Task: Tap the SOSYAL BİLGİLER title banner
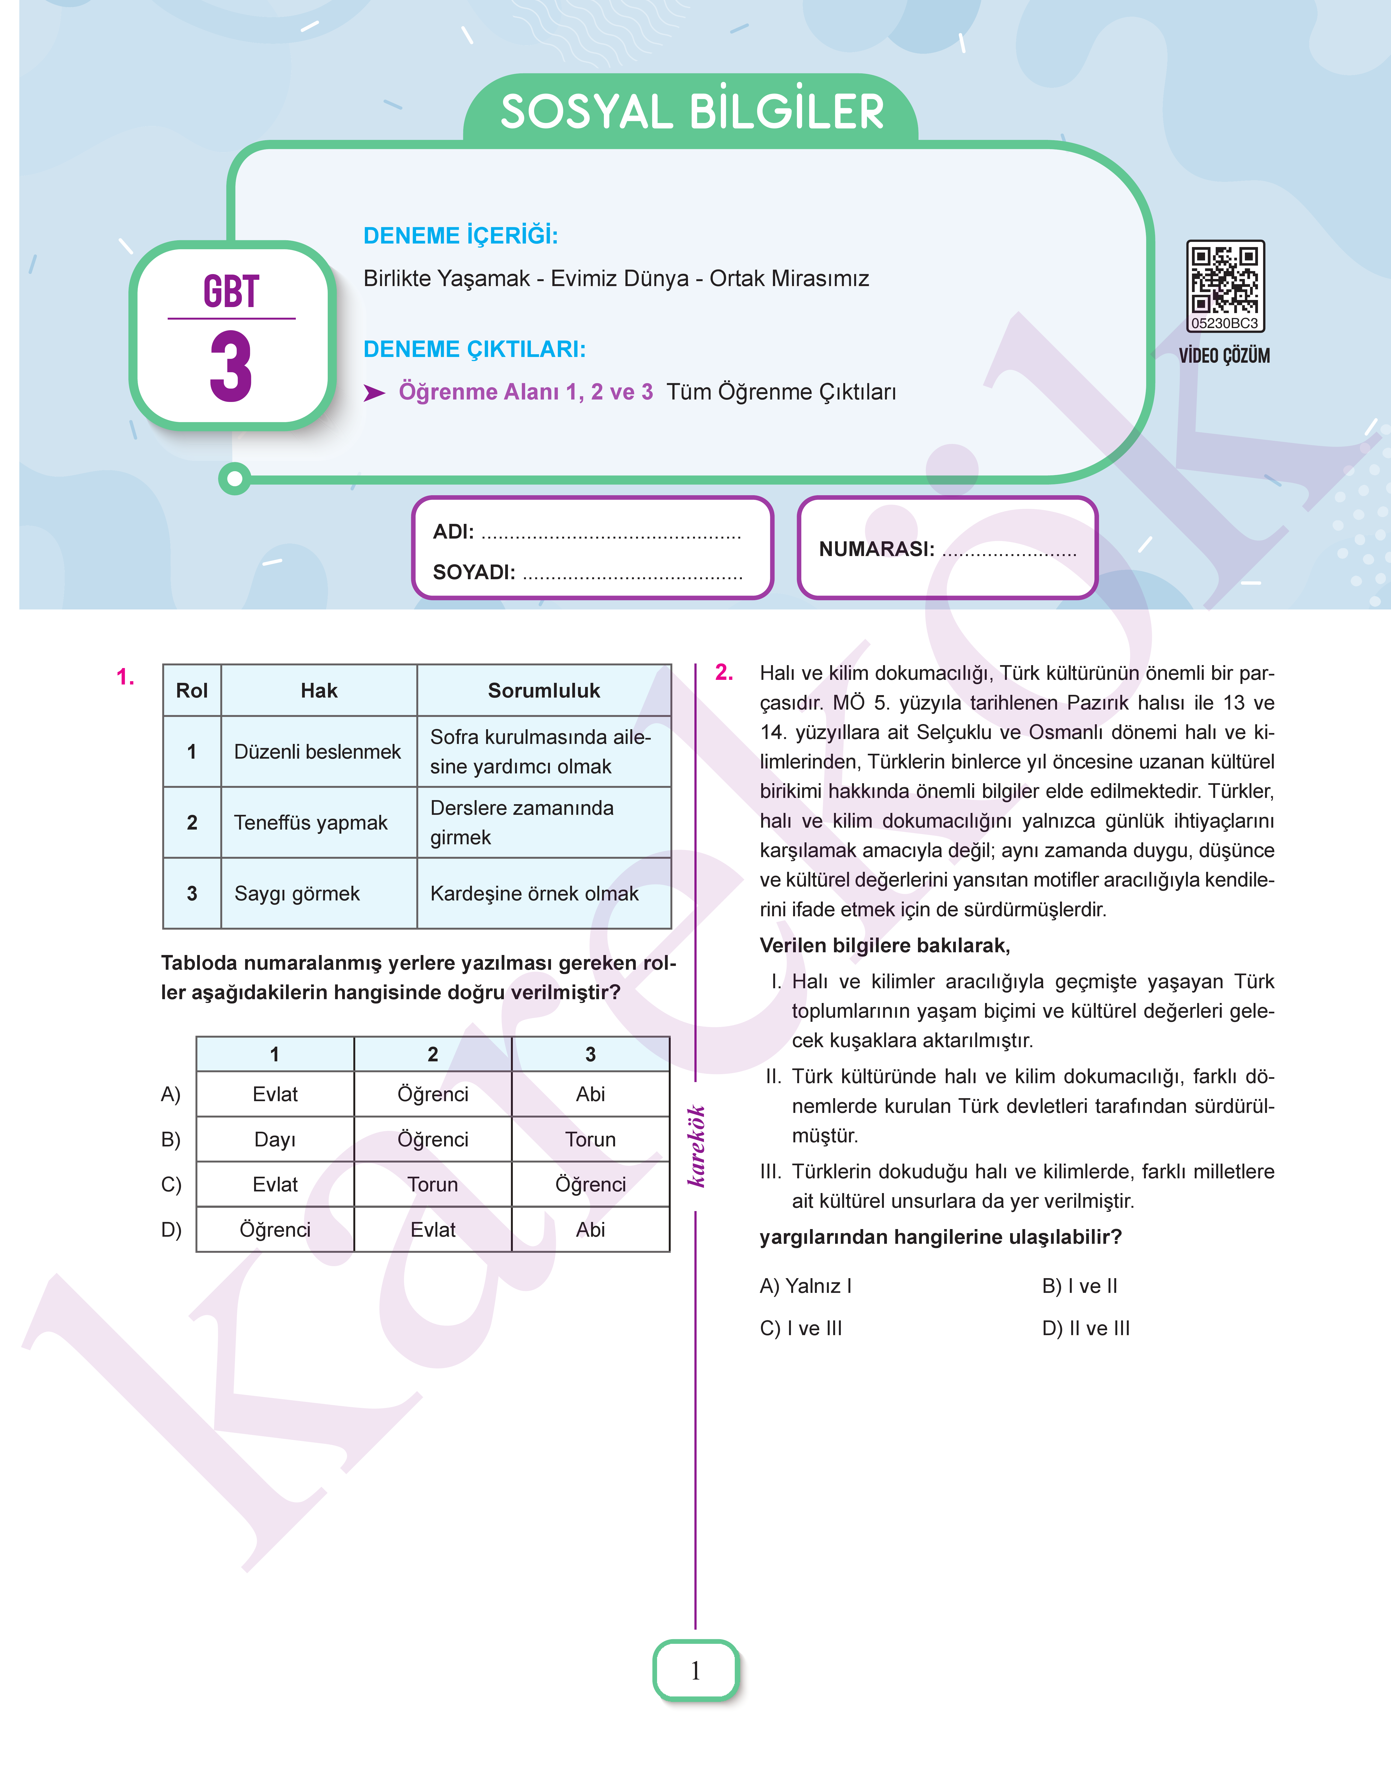click(691, 112)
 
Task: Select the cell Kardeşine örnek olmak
click(534, 893)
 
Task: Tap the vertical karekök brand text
click(696, 1146)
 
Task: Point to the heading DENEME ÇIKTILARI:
click(474, 349)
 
